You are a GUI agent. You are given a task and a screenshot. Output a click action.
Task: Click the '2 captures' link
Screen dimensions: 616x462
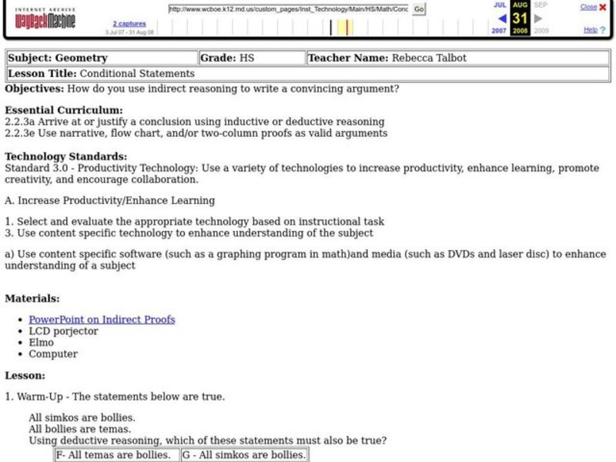[x=129, y=24]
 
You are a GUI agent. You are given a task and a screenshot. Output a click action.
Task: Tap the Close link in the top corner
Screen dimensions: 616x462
[x=588, y=7]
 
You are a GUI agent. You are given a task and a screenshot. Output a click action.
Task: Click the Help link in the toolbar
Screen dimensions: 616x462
[x=590, y=30]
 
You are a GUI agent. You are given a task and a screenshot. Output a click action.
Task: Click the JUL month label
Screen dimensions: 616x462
[x=500, y=5]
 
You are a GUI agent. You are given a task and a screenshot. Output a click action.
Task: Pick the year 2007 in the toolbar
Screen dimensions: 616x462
[x=500, y=31]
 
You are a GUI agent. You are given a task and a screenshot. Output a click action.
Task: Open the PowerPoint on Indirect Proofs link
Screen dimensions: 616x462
[x=102, y=320]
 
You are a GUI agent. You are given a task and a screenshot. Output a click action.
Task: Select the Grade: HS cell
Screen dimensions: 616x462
[x=227, y=58]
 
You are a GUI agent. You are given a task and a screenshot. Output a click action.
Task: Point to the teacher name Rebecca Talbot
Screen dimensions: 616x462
[x=429, y=58]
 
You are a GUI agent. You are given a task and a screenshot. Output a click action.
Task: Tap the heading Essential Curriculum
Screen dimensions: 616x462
[x=63, y=110]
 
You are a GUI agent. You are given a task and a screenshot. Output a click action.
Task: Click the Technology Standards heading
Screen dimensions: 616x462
[x=65, y=156]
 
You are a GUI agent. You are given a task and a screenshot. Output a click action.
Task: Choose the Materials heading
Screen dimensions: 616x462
[x=32, y=299]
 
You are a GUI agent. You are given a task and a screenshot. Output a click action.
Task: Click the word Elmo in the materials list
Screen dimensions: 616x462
[x=42, y=343]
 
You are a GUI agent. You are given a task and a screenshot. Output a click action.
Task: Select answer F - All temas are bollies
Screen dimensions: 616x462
[x=116, y=455]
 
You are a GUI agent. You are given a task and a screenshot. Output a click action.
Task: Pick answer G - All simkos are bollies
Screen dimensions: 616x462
[x=243, y=455]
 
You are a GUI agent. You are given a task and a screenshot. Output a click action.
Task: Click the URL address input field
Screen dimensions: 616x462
[x=289, y=9]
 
